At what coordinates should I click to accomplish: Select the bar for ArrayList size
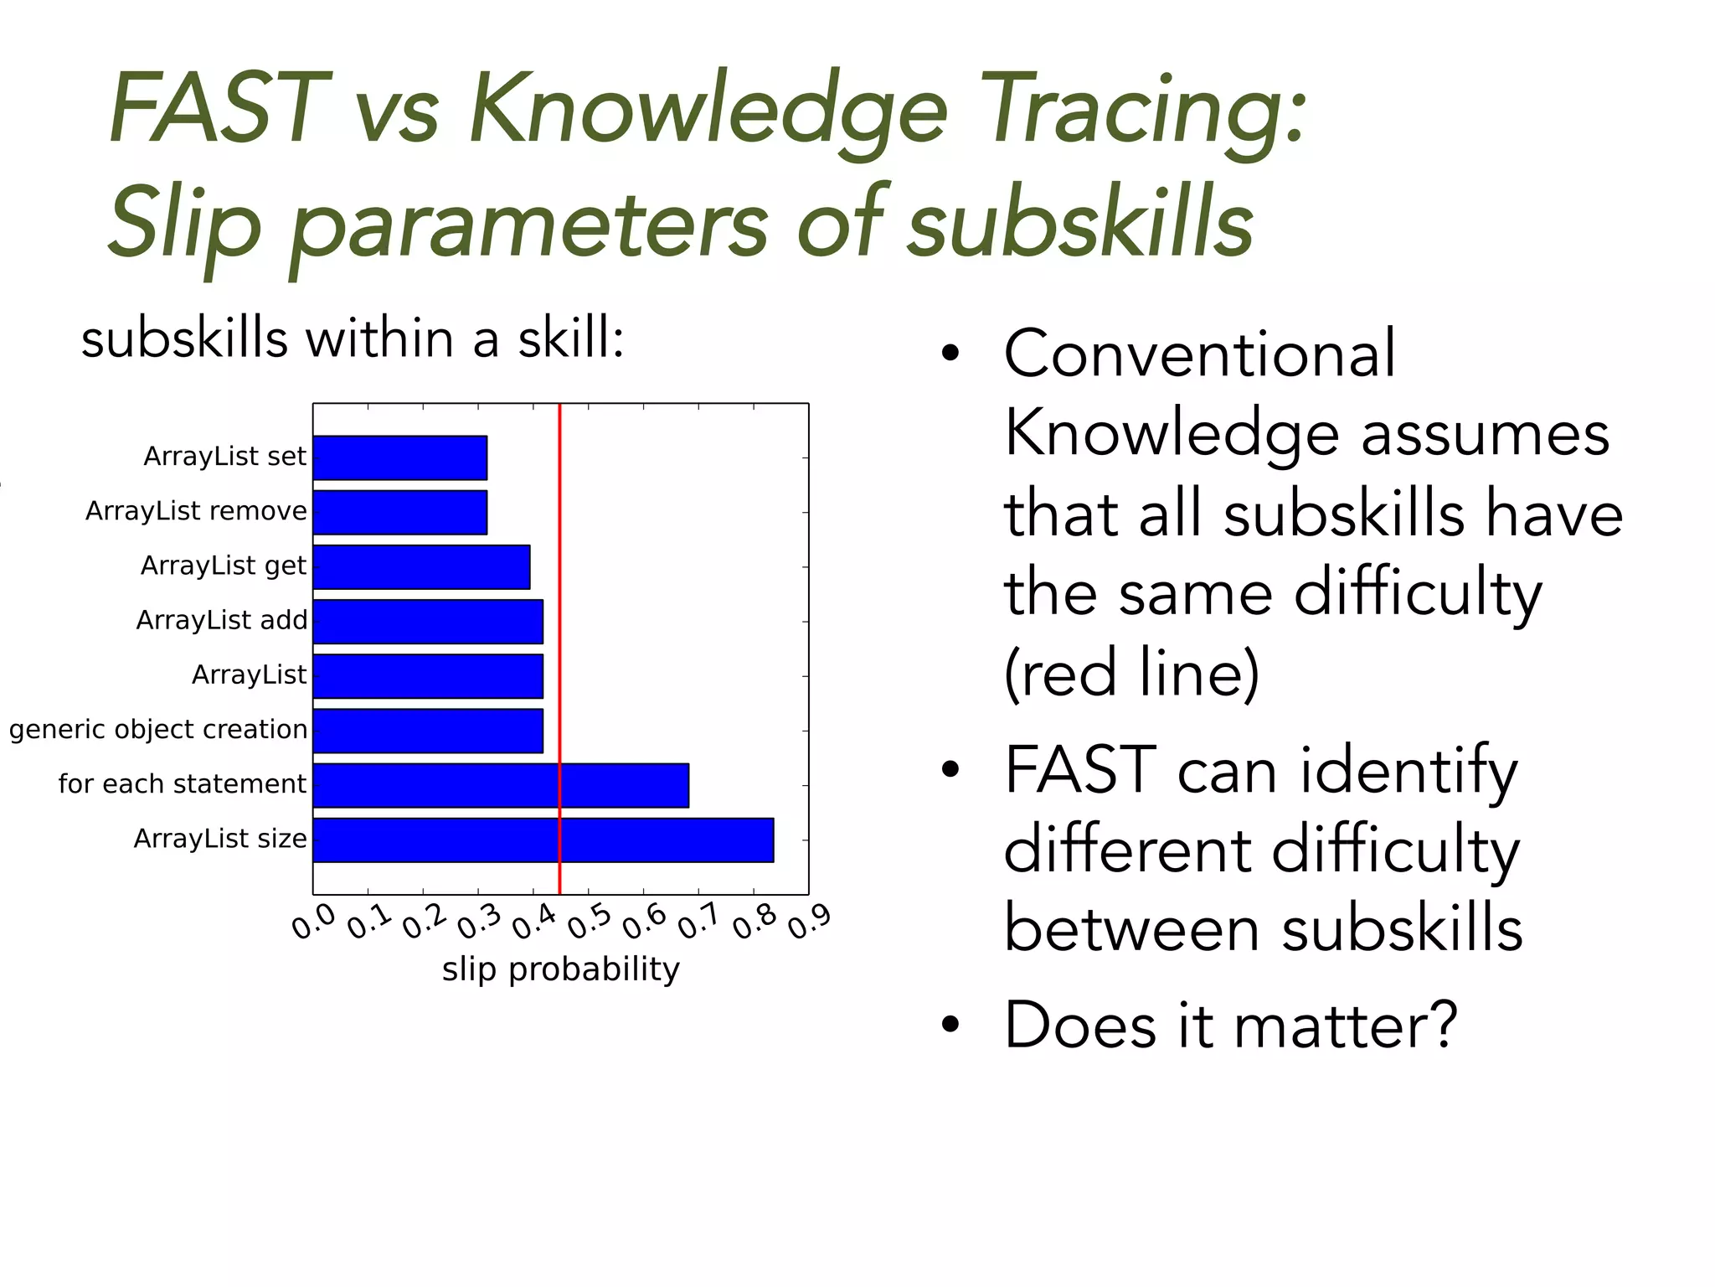click(543, 840)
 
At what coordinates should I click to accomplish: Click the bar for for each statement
click(501, 785)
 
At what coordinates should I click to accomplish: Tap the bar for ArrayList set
click(399, 457)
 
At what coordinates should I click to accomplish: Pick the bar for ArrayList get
click(421, 567)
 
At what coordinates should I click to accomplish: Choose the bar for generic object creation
click(428, 731)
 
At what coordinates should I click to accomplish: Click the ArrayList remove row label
click(196, 511)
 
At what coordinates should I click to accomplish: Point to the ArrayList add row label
click(222, 621)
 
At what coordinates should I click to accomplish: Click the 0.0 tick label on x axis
click(314, 922)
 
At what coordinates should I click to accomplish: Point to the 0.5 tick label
click(590, 922)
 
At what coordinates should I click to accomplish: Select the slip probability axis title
click(560, 969)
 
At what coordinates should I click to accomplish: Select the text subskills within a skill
click(352, 339)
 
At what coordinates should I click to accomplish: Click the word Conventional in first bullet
click(1199, 354)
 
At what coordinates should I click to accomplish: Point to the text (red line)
click(1130, 673)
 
